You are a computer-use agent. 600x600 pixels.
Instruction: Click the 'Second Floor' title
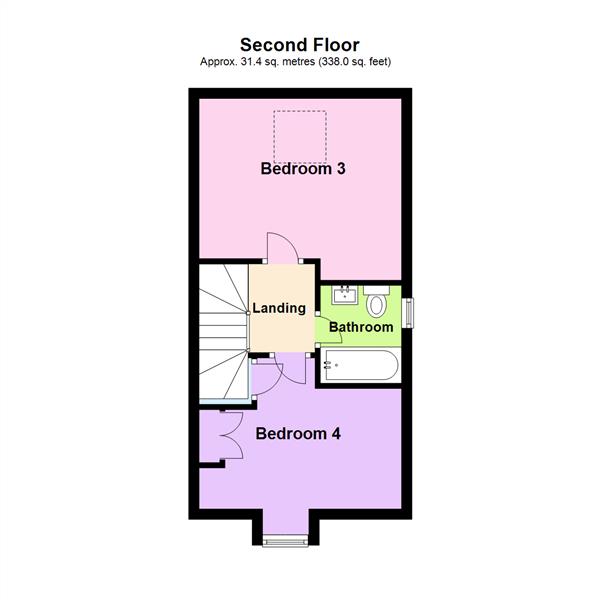299,44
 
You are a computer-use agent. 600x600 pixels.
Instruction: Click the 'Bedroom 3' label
303,169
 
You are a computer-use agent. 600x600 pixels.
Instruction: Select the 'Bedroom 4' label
298,434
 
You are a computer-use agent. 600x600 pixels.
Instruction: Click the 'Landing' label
278,308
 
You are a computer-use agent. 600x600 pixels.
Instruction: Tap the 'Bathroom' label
361,327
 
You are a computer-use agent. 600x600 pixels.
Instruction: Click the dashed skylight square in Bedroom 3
301,136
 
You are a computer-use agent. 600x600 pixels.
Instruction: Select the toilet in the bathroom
377,301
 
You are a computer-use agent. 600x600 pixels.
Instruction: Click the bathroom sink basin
346,295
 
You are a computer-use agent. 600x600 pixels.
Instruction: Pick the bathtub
359,366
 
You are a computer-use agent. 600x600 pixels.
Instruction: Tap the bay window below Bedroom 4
287,541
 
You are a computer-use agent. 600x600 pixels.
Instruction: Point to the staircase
222,330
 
